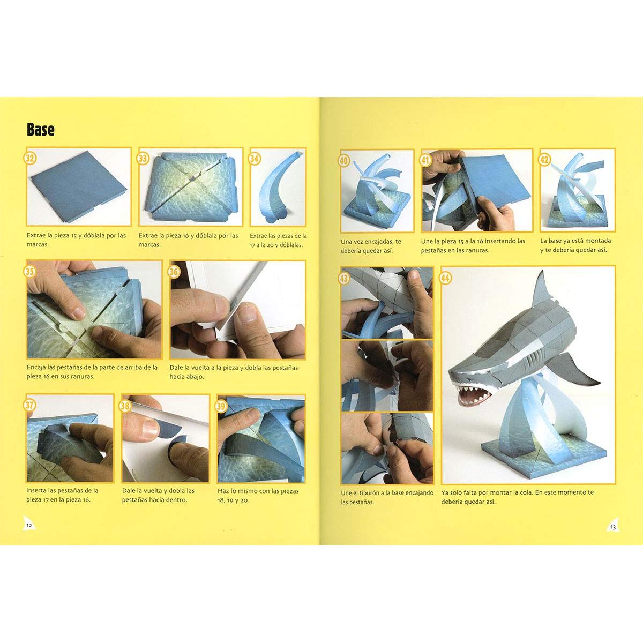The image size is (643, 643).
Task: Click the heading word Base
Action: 40,130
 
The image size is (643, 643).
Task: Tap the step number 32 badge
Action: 30,158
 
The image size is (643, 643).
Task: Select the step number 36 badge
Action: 174,272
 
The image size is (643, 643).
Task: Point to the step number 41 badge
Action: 425,161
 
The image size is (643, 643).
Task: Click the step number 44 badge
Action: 445,278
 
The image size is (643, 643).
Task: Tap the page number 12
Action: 29,526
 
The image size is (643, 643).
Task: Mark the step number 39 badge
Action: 221,406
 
